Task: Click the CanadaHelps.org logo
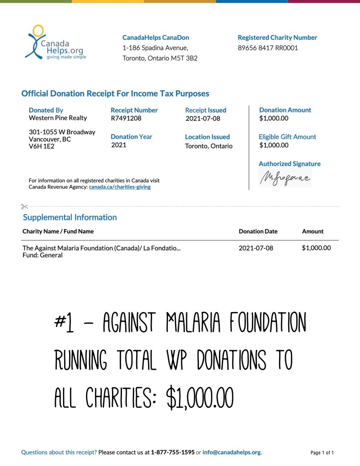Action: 55,43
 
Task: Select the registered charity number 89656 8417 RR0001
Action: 268,47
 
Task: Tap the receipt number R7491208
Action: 126,118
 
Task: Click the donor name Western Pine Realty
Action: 58,118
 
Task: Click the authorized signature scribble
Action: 285,178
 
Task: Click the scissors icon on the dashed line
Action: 25,207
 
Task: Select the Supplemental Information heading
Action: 70,217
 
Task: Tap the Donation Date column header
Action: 258,231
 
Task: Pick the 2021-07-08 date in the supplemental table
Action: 256,248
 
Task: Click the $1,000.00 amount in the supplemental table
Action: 316,248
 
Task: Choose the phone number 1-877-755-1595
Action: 172,452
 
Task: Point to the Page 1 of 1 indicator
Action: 322,453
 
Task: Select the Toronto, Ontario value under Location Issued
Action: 208,146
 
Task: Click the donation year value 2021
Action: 119,145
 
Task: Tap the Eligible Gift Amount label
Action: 287,137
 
